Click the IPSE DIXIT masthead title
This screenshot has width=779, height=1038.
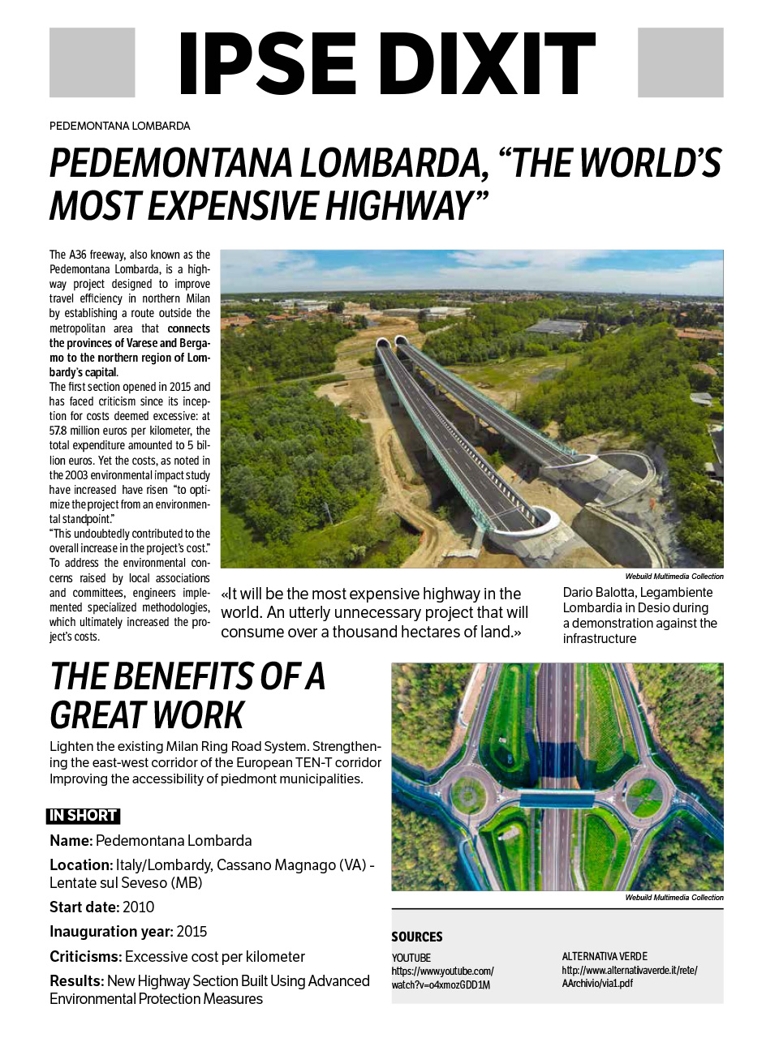(386, 63)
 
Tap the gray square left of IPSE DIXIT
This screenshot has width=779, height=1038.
(92, 62)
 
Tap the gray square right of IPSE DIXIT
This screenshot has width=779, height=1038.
(680, 62)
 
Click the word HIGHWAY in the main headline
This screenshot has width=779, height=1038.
(398, 206)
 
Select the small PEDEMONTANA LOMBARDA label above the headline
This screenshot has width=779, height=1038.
(119, 126)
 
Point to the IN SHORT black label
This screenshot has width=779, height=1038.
(83, 816)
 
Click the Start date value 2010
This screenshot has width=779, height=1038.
(138, 907)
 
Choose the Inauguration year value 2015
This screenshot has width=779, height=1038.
(192, 932)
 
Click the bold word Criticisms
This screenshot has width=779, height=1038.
(85, 957)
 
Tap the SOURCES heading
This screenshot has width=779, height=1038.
(417, 937)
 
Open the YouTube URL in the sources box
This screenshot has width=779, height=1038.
(442, 978)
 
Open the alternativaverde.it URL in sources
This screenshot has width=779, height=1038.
(629, 976)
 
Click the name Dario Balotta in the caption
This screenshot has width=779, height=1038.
(599, 593)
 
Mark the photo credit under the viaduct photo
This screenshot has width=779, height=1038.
(674, 577)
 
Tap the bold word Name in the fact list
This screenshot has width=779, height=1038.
(71, 841)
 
